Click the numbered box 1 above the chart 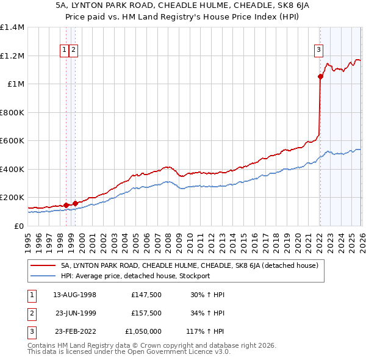click(64, 50)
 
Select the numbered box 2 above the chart click(73, 50)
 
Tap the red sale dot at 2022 click(320, 76)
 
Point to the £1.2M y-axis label click(12, 56)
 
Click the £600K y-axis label click(12, 140)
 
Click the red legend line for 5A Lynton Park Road click(44, 265)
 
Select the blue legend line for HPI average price click(44, 276)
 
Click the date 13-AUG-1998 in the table click(74, 295)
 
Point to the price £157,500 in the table click(146, 313)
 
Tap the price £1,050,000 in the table click(143, 331)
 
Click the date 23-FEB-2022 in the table click(74, 331)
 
